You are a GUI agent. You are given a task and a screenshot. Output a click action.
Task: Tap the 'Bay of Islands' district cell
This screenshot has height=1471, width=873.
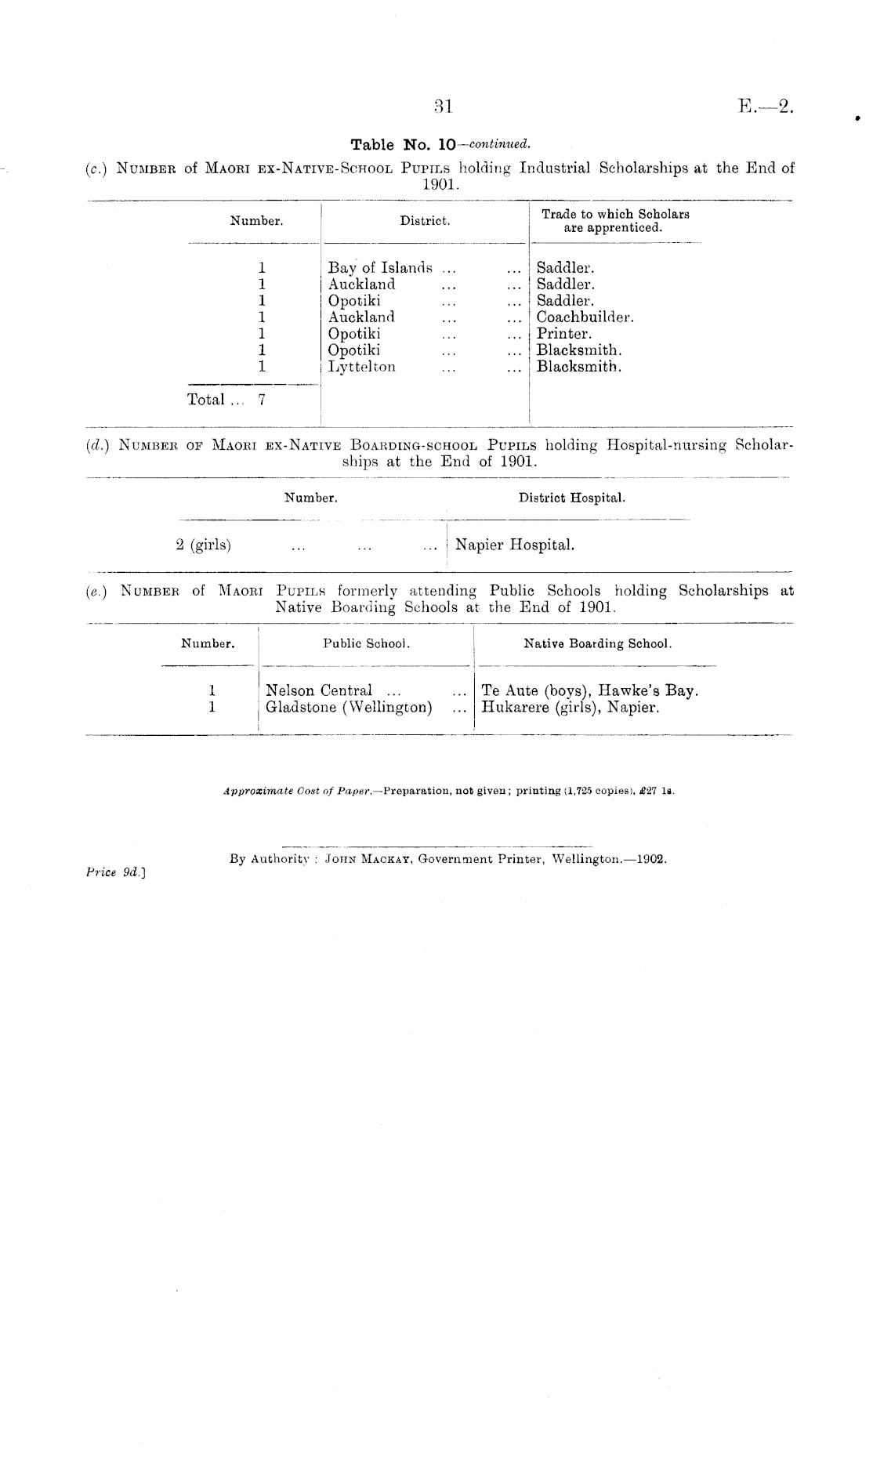[380, 268]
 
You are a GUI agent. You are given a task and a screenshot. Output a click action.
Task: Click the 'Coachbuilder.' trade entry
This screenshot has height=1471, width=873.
[585, 317]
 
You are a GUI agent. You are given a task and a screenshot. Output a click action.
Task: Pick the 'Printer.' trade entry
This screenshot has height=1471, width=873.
[564, 334]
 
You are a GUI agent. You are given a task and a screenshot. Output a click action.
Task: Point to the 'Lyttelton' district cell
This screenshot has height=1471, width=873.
[361, 367]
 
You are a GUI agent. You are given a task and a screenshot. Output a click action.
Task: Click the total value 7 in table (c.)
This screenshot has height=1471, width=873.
[262, 400]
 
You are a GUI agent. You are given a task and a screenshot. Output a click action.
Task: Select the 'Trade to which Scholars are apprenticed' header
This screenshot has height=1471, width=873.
[615, 221]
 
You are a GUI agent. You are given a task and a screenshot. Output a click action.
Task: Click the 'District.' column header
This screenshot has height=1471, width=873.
[425, 221]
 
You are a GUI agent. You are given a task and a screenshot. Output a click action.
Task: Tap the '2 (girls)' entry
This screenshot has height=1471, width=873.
[203, 545]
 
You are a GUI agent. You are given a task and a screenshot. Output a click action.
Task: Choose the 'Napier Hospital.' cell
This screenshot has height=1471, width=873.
[514, 545]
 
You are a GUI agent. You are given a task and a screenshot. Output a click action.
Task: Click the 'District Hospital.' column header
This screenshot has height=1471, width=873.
[571, 498]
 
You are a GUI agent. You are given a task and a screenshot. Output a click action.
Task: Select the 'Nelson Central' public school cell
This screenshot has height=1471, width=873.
[319, 690]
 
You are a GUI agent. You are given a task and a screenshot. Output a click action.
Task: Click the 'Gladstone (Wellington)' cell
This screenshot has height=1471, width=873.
[349, 707]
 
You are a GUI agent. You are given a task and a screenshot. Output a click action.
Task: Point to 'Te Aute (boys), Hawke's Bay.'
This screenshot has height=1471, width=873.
[589, 690]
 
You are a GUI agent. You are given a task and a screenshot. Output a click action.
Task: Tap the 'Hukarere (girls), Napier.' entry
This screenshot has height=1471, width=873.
[570, 707]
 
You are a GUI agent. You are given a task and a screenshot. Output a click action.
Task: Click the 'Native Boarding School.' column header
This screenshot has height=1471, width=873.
[597, 643]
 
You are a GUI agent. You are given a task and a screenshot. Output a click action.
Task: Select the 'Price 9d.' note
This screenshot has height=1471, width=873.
[116, 871]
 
